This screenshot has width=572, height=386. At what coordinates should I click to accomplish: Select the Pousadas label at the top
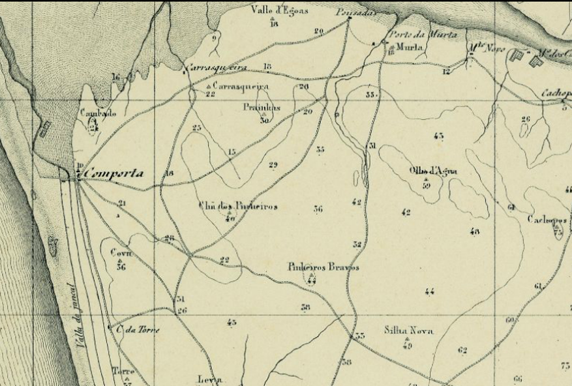click(x=348, y=12)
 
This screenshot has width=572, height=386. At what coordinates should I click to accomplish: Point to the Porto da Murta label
click(x=423, y=35)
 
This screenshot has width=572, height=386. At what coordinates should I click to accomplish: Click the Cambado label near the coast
click(x=98, y=113)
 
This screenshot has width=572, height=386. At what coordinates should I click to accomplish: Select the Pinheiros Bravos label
click(x=323, y=267)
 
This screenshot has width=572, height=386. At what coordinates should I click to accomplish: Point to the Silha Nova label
click(x=408, y=331)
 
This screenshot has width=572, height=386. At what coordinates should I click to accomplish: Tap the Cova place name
click(x=121, y=253)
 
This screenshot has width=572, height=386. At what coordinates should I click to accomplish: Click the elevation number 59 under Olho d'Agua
click(x=426, y=186)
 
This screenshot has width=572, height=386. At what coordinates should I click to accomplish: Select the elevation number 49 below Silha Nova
click(x=408, y=345)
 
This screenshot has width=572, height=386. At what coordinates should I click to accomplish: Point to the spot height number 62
click(x=462, y=351)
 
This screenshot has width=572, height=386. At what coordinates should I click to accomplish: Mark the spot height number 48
click(x=474, y=231)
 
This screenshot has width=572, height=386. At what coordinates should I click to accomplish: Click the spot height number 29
click(x=273, y=164)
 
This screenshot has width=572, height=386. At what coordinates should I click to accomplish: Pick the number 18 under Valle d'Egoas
click(x=273, y=24)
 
